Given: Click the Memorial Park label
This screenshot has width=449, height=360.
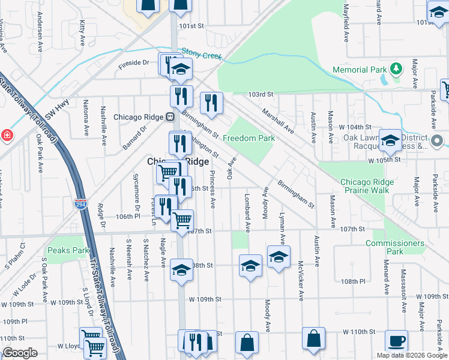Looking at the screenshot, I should coord(360,70).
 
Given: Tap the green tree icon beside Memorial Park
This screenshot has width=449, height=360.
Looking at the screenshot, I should coord(396,70).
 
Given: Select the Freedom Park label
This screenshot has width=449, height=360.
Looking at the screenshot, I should coord(249,139).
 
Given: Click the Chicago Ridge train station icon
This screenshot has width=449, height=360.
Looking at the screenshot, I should coord(170,116).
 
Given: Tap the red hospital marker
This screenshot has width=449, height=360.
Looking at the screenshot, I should coord(7,135).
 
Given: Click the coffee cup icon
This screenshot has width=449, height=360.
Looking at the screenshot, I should coord(396,340).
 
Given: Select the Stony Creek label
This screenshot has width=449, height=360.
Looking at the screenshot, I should coord(202,56).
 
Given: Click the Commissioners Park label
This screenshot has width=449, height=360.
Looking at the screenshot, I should coord(394,247).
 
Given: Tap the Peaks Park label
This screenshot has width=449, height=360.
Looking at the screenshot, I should coord(68,250).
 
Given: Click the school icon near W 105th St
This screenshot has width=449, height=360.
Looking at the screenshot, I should coord(390,140).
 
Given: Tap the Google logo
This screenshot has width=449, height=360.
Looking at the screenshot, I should coord(20,353).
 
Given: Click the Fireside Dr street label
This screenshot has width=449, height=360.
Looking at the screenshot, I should coord(133,62).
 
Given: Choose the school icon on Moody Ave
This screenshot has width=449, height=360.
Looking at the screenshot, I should coord(279,257).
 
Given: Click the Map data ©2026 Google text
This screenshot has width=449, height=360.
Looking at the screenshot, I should coord(411,355).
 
